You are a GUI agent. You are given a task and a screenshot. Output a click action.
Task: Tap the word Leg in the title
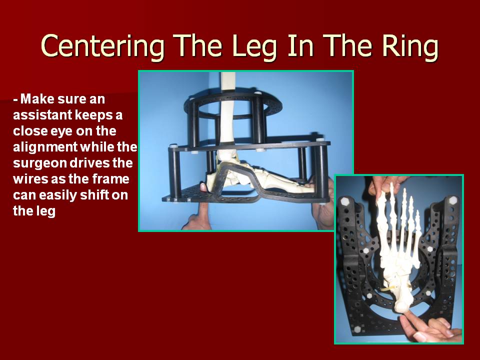(254, 46)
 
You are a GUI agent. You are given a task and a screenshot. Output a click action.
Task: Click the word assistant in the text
(41, 115)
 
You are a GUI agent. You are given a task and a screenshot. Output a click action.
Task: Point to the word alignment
(45, 147)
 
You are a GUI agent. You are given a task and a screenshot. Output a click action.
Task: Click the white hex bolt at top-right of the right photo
(452, 200)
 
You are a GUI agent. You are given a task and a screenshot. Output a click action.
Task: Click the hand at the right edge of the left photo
(324, 205)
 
